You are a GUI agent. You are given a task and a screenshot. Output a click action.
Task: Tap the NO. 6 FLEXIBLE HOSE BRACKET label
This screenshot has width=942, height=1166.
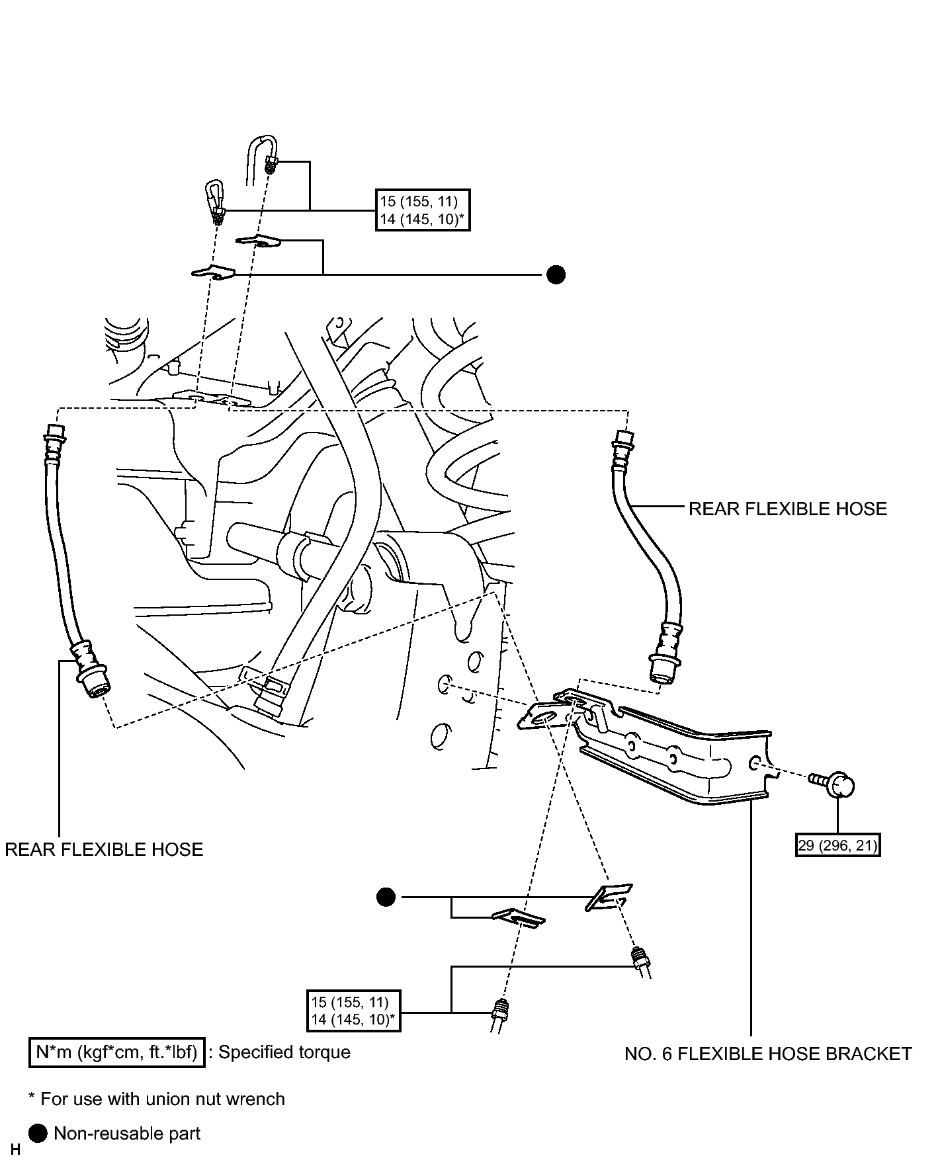tap(768, 1054)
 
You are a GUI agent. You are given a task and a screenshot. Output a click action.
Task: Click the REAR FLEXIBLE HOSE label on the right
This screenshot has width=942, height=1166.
tap(787, 509)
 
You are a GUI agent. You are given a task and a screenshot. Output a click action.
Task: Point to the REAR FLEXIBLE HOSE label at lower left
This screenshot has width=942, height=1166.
tap(104, 849)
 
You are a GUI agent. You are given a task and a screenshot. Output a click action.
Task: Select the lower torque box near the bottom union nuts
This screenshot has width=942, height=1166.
tap(353, 1010)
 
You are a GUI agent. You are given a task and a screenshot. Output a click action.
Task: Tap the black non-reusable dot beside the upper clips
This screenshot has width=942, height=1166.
tap(556, 274)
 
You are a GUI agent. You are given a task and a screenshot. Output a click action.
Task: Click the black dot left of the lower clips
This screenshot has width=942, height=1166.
tap(386, 897)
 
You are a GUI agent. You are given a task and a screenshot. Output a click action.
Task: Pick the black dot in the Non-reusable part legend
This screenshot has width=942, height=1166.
tap(38, 1134)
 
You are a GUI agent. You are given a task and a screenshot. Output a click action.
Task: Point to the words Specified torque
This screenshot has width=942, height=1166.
tap(284, 1052)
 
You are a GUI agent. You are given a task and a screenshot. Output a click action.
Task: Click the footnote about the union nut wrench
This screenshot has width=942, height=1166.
tap(157, 1099)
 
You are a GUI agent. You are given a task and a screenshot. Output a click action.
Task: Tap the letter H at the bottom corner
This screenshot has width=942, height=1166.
tap(15, 1150)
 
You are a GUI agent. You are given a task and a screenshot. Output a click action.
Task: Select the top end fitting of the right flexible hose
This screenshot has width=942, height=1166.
tap(624, 448)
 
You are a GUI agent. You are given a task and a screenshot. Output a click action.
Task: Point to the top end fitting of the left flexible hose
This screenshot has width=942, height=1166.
tap(54, 444)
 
